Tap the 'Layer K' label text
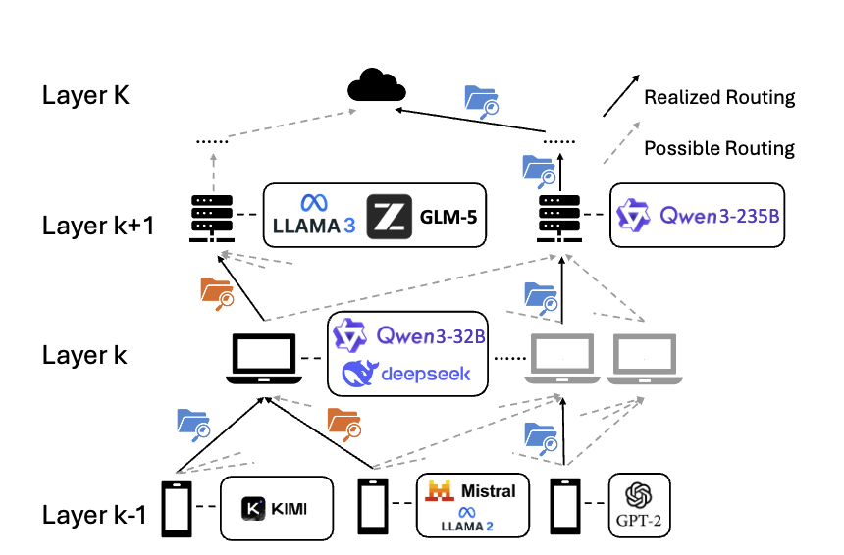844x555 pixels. (x=85, y=96)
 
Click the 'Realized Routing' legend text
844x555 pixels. (x=718, y=98)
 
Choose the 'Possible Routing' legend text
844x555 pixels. (x=718, y=149)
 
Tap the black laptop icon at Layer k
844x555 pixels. (x=262, y=359)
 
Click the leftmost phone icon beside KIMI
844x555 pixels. (x=175, y=508)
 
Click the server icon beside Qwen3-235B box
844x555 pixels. (x=559, y=218)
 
